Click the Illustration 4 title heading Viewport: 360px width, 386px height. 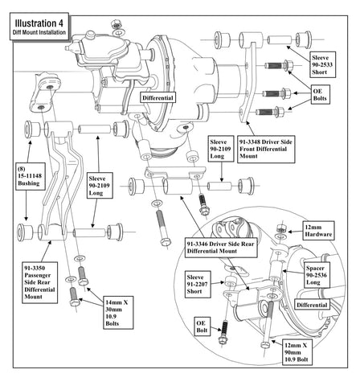point(39,27)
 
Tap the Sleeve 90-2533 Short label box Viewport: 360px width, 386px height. point(322,65)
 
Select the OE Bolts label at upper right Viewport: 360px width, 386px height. point(320,95)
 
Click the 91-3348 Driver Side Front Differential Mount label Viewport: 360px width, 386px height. point(266,150)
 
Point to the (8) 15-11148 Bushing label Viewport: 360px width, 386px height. point(31,176)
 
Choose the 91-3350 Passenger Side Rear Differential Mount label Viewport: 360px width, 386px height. point(40,282)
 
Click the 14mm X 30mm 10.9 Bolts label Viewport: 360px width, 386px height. point(118,313)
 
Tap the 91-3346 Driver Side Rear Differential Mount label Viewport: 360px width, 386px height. point(221,248)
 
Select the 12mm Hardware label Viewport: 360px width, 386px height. point(318,231)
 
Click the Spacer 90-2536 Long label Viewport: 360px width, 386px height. point(317,275)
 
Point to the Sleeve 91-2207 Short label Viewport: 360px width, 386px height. point(198,285)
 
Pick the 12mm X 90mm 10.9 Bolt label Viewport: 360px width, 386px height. point(297,352)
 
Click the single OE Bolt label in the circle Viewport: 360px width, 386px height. point(202,326)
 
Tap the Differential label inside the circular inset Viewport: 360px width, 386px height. point(312,305)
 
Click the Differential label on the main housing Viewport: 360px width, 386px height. point(157,97)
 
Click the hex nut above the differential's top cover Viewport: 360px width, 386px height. point(116,24)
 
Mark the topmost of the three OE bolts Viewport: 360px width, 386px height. point(279,65)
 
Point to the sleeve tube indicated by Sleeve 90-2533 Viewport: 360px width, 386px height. point(280,40)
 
